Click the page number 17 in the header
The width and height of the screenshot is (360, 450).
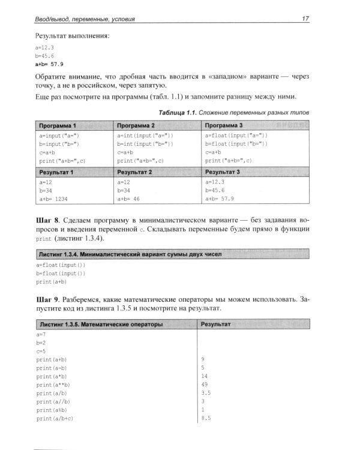305,19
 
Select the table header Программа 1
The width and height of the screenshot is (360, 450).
57,126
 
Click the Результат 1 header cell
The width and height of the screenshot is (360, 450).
56,172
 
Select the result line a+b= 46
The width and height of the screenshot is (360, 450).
128,199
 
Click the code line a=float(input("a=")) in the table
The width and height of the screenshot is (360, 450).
236,136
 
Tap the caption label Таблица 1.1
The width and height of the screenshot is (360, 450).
178,113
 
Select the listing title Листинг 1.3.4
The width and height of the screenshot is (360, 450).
58,254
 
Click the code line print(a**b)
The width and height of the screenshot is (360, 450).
53,384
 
